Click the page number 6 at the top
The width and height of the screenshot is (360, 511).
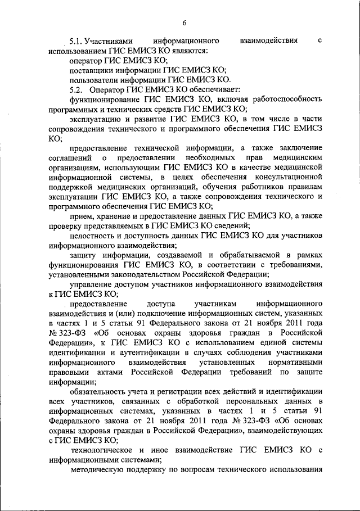[183, 22]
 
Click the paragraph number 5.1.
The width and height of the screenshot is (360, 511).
[76, 41]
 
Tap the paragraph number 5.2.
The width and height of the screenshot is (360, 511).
[76, 89]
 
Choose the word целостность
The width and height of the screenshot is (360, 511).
[93, 235]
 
